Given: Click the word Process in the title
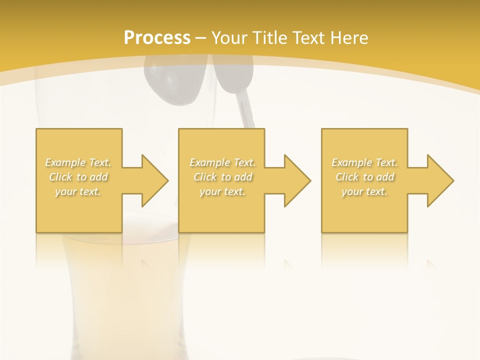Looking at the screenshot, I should tap(157, 38).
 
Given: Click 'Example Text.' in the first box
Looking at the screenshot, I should tap(78, 162).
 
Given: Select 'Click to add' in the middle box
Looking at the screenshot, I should tap(222, 177).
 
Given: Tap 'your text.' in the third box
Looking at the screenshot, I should tap(364, 191).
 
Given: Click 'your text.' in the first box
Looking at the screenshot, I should tap(78, 191).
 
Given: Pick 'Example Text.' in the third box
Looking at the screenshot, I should tap(364, 162).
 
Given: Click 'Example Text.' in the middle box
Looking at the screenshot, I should tap(222, 162).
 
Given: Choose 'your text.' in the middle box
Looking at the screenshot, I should tap(222, 191).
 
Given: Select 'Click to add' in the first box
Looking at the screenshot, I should tap(78, 177).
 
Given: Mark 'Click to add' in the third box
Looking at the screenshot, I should tap(364, 177).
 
